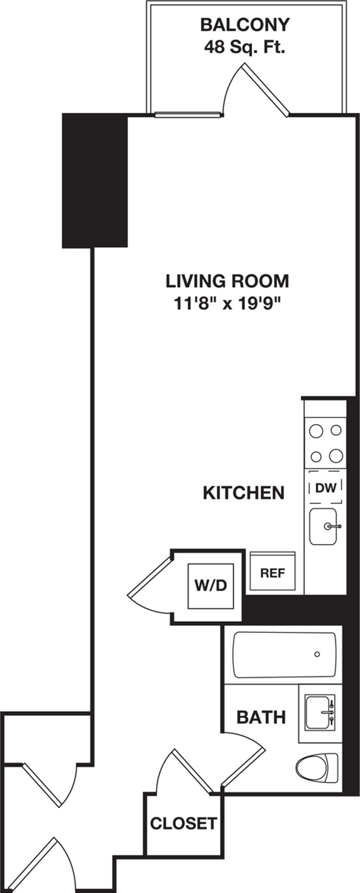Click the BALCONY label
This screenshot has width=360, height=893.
245,25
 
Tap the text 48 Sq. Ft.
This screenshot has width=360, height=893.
245,47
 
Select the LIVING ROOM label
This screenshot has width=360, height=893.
227,281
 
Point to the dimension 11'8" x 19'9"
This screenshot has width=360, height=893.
227,304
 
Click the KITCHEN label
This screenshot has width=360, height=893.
243,493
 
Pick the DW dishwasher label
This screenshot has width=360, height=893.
325,488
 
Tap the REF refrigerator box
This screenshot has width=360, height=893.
273,573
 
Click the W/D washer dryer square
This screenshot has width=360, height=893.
211,585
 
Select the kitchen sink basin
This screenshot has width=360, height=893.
323,526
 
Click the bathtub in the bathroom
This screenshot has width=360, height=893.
284,655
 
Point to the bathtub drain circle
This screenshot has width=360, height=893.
317,654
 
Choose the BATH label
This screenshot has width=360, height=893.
261,717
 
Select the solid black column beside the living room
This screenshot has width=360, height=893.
95,180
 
